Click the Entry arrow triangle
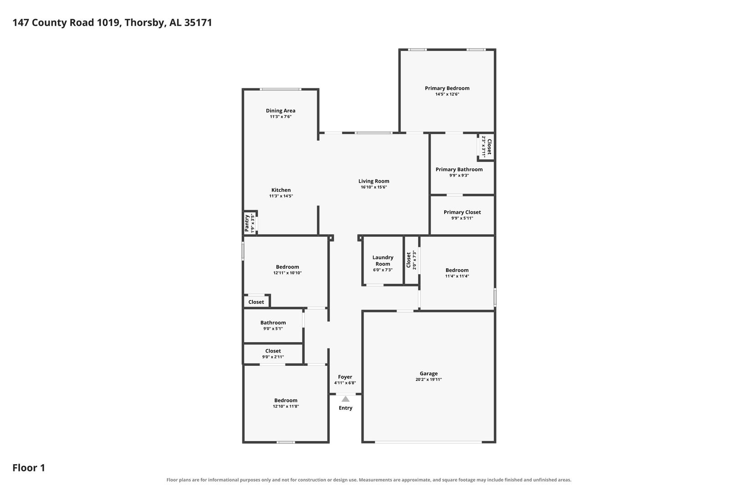tap(345, 399)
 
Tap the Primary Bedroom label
tap(447, 88)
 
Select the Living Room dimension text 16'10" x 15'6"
tap(374, 187)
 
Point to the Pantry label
tap(247, 223)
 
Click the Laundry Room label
tap(383, 260)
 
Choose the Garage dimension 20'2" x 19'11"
tap(429, 379)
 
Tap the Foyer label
tap(345, 377)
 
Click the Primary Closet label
tap(462, 212)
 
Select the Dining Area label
tap(281, 111)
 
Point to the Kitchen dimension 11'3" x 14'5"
tap(281, 196)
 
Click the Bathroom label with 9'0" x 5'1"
tap(273, 323)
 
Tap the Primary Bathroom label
tap(459, 169)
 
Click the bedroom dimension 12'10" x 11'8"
tap(286, 406)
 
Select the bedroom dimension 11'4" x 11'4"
tap(457, 276)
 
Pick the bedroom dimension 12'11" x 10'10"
tap(287, 273)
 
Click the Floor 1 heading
tap(29, 467)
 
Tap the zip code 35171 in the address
tap(198, 23)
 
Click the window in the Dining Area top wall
tap(280, 89)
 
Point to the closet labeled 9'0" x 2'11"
tap(273, 354)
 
